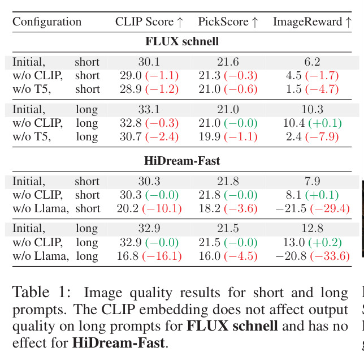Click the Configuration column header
(x=47, y=22)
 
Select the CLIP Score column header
(x=149, y=22)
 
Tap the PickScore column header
(x=228, y=22)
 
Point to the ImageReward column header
(x=313, y=22)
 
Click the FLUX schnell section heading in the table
(x=182, y=41)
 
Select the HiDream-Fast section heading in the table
(x=182, y=161)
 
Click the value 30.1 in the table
(x=149, y=62)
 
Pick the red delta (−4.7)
(x=322, y=89)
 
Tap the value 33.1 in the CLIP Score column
(x=149, y=109)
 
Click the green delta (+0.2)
(x=325, y=243)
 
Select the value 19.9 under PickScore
(x=209, y=136)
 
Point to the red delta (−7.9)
(x=322, y=136)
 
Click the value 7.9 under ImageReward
(x=313, y=181)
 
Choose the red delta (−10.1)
(x=162, y=208)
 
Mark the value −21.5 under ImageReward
(x=291, y=208)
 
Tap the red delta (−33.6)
(x=330, y=256)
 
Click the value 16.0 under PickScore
(x=209, y=256)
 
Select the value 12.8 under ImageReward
(x=313, y=229)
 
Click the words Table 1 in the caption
(x=41, y=293)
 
